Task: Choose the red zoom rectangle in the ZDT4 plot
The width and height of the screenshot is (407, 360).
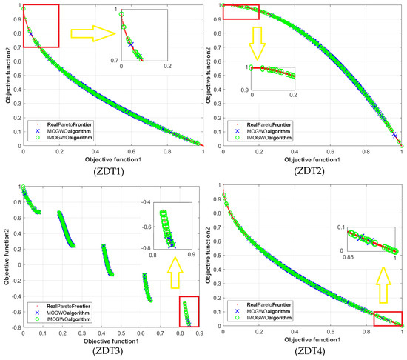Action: coord(388,318)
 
